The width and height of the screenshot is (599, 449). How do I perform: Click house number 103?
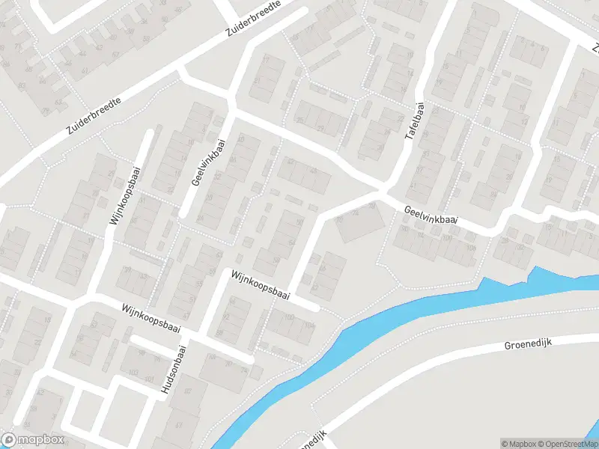[133, 373]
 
